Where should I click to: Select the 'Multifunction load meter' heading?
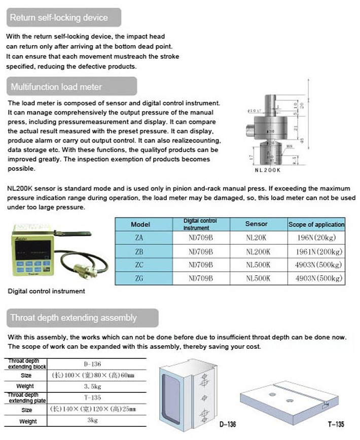coord(56,87)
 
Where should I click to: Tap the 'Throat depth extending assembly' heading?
coord(74,318)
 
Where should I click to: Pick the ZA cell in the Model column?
coord(140,237)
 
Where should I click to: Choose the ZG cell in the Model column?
coord(140,278)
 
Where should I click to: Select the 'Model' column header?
coord(140,224)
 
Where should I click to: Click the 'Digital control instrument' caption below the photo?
coord(47,291)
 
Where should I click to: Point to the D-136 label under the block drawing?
coord(228,424)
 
